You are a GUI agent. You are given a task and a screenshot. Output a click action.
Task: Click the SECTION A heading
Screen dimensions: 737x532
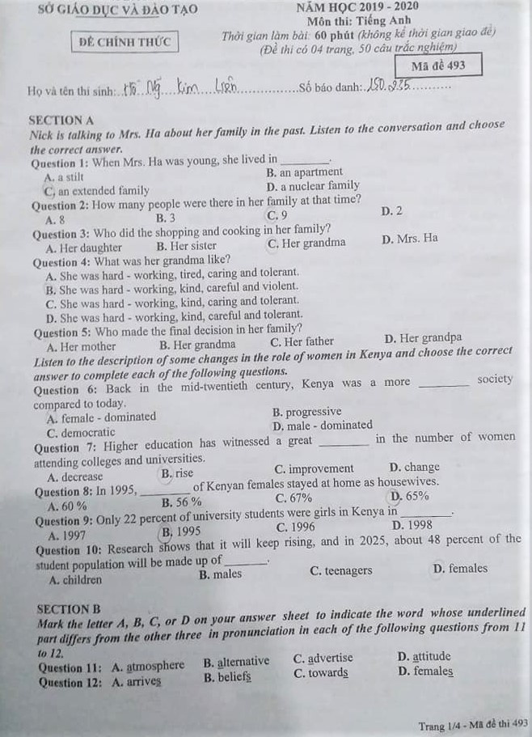coord(61,120)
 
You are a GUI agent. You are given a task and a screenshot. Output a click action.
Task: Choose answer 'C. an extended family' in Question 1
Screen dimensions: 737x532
coord(97,191)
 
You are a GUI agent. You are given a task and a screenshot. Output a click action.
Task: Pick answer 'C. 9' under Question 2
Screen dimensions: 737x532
coord(277,215)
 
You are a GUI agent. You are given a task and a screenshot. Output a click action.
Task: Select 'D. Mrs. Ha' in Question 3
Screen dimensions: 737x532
coord(409,239)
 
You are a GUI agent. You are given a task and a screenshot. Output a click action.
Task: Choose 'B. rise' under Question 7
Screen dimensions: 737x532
coord(177,473)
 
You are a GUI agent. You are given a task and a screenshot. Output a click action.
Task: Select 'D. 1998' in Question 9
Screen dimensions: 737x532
coord(411,525)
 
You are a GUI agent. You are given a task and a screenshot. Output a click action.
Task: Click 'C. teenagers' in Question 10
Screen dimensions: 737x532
coord(341,570)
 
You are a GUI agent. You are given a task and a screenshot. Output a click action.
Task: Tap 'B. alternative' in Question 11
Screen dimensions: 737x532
coord(236,661)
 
